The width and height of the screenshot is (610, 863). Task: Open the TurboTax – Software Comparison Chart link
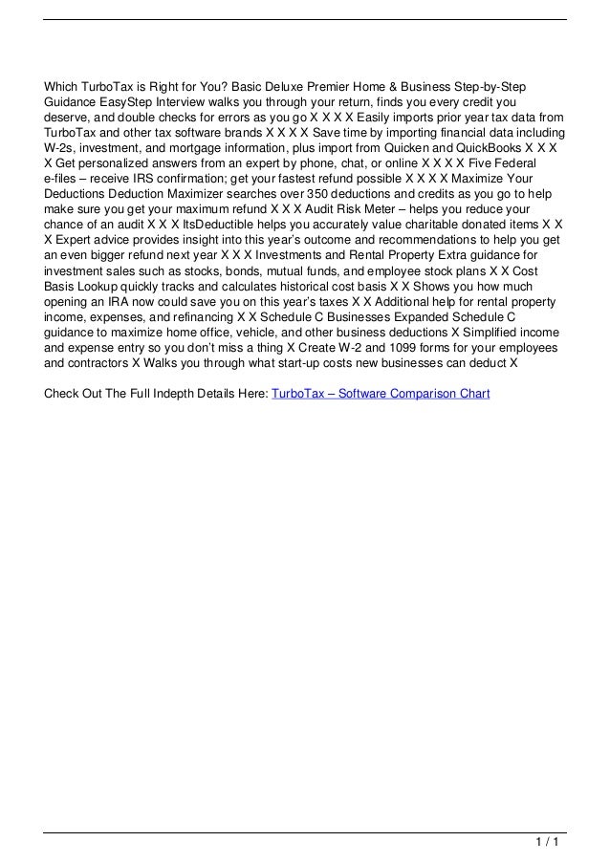pos(381,393)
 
